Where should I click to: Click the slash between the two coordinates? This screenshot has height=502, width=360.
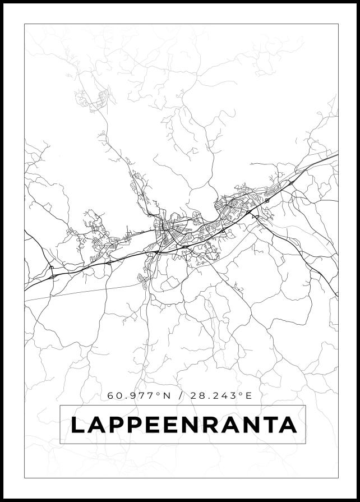point(179,395)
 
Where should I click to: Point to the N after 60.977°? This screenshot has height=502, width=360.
point(166,395)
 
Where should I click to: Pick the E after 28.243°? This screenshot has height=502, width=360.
point(249,395)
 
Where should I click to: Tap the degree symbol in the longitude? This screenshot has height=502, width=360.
point(241,393)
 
